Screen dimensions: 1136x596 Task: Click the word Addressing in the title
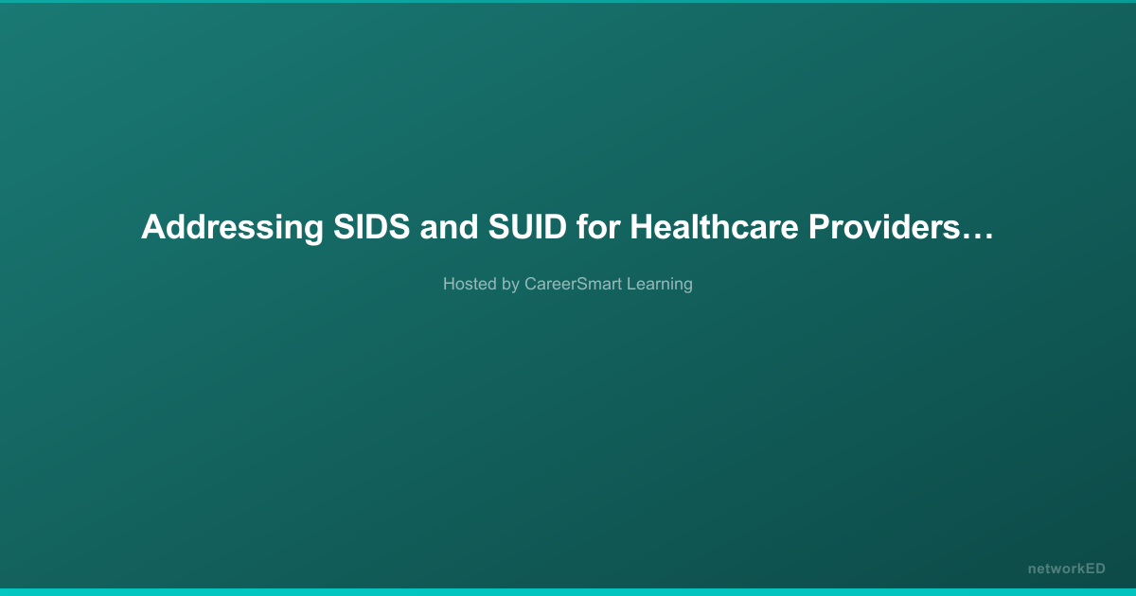pyautogui.click(x=232, y=228)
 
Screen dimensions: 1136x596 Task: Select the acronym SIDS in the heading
pyautogui.click(x=372, y=226)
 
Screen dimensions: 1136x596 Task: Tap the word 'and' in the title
pyautogui.click(x=449, y=226)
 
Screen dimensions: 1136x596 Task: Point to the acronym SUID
pyautogui.click(x=527, y=226)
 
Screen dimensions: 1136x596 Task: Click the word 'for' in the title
pyautogui.click(x=598, y=226)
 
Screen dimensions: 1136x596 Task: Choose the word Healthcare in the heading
pyautogui.click(x=714, y=226)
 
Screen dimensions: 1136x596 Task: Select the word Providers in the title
pyautogui.click(x=884, y=226)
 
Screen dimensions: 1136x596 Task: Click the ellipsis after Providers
pyautogui.click(x=977, y=237)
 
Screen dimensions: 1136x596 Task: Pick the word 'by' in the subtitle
pyautogui.click(x=510, y=285)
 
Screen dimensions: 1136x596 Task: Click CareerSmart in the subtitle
pyautogui.click(x=573, y=284)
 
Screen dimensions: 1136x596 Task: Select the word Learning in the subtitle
pyautogui.click(x=660, y=285)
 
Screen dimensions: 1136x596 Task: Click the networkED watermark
pyautogui.click(x=1067, y=570)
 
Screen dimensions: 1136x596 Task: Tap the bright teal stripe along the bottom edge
pyautogui.click(x=568, y=592)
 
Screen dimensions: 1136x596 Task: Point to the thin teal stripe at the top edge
pyautogui.click(x=568, y=2)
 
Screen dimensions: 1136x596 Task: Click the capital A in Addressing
pyautogui.click(x=153, y=226)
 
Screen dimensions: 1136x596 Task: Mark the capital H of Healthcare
pyautogui.click(x=642, y=226)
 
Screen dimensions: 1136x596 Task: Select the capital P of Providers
pyautogui.click(x=820, y=226)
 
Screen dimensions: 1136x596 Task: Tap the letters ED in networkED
pyautogui.click(x=1094, y=569)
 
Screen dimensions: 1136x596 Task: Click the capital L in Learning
pyautogui.click(x=632, y=284)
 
